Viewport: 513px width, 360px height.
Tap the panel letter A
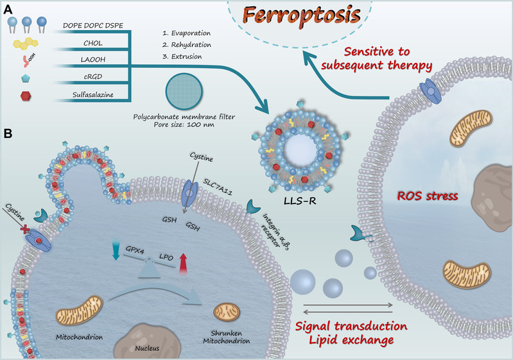point(8,9)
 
